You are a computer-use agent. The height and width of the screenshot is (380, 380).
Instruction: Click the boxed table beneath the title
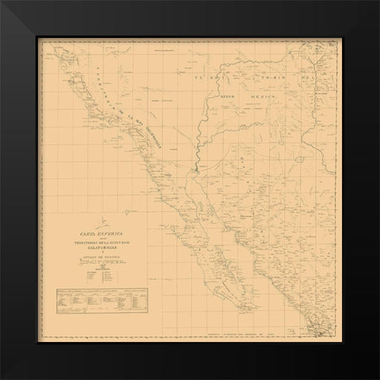(100, 302)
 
